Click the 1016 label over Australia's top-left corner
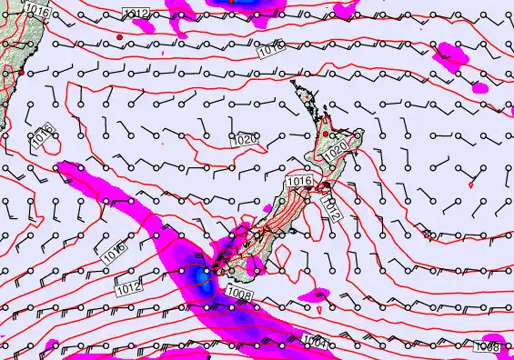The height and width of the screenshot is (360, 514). click(x=36, y=10)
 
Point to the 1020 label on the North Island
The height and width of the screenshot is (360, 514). click(x=337, y=147)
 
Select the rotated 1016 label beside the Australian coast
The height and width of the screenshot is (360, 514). click(x=42, y=137)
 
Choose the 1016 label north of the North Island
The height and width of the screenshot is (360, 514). click(x=269, y=53)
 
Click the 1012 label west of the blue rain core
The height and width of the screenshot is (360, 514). click(x=129, y=287)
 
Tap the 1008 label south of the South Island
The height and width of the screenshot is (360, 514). click(x=240, y=294)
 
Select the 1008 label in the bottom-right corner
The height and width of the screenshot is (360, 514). click(x=489, y=346)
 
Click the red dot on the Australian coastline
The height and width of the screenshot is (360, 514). click(x=20, y=70)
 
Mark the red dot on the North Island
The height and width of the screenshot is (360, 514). click(x=326, y=134)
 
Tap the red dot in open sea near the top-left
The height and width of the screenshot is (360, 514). click(x=119, y=36)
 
